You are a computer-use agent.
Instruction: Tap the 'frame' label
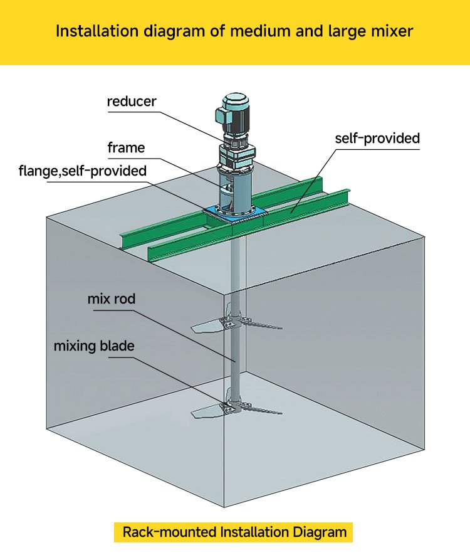[x=126, y=148]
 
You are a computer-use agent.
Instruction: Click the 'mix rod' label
[x=111, y=298]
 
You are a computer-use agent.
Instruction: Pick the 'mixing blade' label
[x=93, y=346]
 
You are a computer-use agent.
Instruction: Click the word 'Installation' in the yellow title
[x=103, y=31]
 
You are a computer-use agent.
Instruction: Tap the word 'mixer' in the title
[x=389, y=31]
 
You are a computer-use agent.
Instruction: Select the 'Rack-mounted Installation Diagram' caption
[x=234, y=532]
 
